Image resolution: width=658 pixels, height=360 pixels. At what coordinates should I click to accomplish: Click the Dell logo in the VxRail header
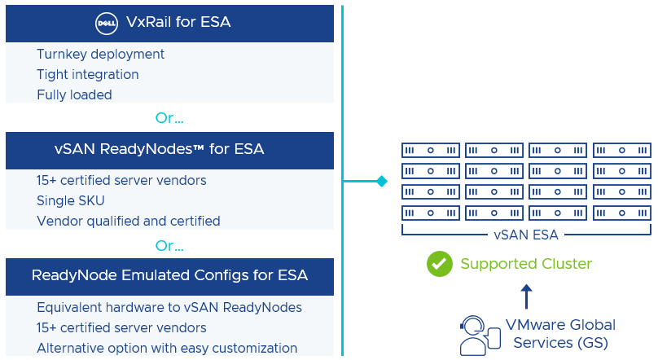tap(106, 23)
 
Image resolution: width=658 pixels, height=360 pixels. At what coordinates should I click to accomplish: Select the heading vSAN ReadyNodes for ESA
tap(169, 149)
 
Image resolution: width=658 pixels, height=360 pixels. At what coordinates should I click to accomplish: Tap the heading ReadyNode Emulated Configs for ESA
tap(169, 275)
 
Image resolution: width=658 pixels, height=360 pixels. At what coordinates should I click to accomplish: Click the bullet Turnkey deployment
tap(100, 55)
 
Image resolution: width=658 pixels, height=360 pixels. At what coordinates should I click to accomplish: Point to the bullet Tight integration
tap(87, 75)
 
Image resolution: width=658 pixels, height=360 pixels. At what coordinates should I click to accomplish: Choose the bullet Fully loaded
tap(74, 95)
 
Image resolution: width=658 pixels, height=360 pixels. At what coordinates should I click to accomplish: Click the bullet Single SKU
tap(71, 200)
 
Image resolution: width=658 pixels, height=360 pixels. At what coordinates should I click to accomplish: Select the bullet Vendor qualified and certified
tap(128, 221)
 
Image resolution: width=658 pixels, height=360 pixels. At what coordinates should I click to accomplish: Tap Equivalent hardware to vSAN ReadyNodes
tap(169, 307)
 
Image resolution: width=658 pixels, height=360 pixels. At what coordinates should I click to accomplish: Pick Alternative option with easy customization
tap(166, 348)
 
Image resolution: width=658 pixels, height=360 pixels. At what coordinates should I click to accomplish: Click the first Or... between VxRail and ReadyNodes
tap(169, 118)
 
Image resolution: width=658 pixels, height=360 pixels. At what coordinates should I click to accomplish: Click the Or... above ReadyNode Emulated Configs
tap(169, 245)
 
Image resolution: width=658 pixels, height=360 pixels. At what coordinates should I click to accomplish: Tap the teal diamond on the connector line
tap(381, 181)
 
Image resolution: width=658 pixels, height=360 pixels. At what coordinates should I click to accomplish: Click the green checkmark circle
tap(440, 264)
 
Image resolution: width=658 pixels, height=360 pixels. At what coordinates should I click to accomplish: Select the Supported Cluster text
tap(526, 264)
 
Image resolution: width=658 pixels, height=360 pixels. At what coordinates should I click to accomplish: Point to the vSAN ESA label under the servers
tap(526, 235)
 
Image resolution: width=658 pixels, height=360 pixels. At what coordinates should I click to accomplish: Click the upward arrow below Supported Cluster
tap(526, 296)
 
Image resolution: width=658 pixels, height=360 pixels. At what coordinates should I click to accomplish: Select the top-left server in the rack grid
tap(431, 151)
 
